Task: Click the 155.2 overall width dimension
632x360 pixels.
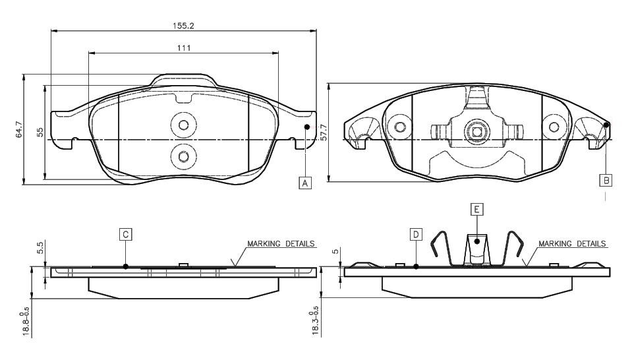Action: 183,25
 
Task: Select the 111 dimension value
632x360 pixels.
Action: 183,47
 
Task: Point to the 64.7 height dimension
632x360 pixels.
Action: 19,129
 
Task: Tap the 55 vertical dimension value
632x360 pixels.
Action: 40,132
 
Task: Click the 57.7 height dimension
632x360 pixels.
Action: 324,133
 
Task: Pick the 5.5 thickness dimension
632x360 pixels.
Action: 40,249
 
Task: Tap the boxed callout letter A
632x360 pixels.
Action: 305,183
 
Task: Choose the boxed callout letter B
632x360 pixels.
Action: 606,179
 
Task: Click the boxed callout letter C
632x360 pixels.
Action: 125,233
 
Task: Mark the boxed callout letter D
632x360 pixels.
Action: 416,234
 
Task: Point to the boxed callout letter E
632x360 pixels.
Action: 476,209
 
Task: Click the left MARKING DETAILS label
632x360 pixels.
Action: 281,243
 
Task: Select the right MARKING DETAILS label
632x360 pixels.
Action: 572,243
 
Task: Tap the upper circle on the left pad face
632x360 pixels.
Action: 183,125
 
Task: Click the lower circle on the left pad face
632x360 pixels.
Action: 183,156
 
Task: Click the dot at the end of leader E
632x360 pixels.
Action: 476,241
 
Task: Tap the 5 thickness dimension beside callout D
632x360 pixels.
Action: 335,251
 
